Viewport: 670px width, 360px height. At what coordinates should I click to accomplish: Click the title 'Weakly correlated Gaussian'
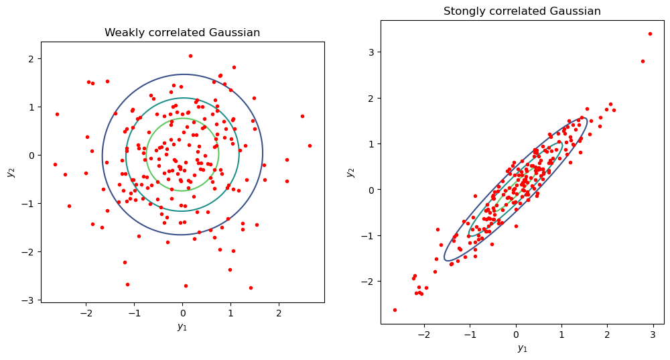[182, 33]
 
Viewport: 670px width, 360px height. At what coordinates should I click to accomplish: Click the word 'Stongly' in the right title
[463, 11]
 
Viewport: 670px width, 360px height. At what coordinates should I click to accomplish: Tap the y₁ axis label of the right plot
[523, 348]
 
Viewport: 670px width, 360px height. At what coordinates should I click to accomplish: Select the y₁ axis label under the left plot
[182, 326]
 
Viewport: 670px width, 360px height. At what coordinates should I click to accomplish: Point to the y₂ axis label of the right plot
[351, 172]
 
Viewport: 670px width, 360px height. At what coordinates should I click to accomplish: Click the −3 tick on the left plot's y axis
[30, 300]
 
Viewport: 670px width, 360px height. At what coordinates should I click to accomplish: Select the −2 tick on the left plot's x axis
[86, 313]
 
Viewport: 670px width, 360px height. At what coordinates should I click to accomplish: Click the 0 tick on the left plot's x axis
[182, 313]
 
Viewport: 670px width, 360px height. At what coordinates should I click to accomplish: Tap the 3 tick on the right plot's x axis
[653, 335]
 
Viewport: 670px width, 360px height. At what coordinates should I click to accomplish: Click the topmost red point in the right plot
[650, 34]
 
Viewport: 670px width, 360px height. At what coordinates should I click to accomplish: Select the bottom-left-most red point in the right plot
[395, 310]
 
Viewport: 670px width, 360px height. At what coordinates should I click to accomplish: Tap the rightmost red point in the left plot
[310, 145]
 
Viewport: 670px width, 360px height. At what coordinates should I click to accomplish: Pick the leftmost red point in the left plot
[55, 164]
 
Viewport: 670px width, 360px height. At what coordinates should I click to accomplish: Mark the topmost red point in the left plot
[190, 56]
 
